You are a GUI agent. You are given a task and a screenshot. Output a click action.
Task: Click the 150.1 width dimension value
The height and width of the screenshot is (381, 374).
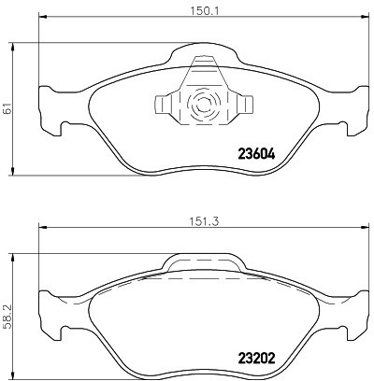point(205,11)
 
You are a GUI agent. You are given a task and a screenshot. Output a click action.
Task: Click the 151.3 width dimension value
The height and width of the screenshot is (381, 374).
point(205,221)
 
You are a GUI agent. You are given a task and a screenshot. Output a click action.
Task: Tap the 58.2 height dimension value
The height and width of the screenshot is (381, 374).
point(7,317)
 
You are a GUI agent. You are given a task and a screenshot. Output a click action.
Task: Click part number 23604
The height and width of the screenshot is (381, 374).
point(256,153)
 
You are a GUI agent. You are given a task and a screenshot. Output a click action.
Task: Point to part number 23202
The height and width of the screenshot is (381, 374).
point(256,358)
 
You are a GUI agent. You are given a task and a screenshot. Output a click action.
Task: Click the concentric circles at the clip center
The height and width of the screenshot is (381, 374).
point(204,104)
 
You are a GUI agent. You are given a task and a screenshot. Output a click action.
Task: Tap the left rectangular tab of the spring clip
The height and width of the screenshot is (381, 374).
point(163,105)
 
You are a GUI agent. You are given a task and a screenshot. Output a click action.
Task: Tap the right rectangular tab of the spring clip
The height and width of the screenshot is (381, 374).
point(245,105)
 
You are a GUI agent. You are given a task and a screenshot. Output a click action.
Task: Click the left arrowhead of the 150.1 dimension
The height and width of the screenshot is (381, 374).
point(42,16)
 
